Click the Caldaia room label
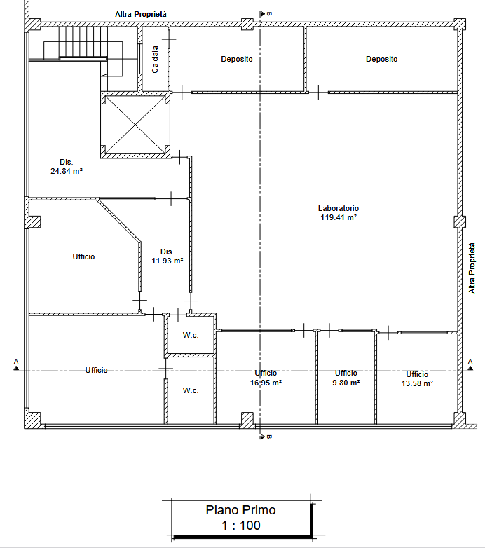coord(155,60)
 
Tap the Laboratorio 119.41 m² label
coord(339,213)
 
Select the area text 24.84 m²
coord(67,171)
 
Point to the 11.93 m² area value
coord(168,261)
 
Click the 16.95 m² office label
coord(266,378)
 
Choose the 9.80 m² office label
coord(346,378)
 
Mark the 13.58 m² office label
coord(417,379)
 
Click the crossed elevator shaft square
coord(135,125)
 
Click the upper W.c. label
coord(191,336)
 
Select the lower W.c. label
coord(191,391)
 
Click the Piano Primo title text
coord(241,510)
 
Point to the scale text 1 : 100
coord(241,526)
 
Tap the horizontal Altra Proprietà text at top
coord(141,14)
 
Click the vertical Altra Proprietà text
coord(472,268)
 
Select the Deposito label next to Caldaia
coord(237,59)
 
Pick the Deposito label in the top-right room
coord(381,59)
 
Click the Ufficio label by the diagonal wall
coord(83,257)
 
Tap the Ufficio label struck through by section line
coord(97,370)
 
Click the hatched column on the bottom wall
coord(247,420)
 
